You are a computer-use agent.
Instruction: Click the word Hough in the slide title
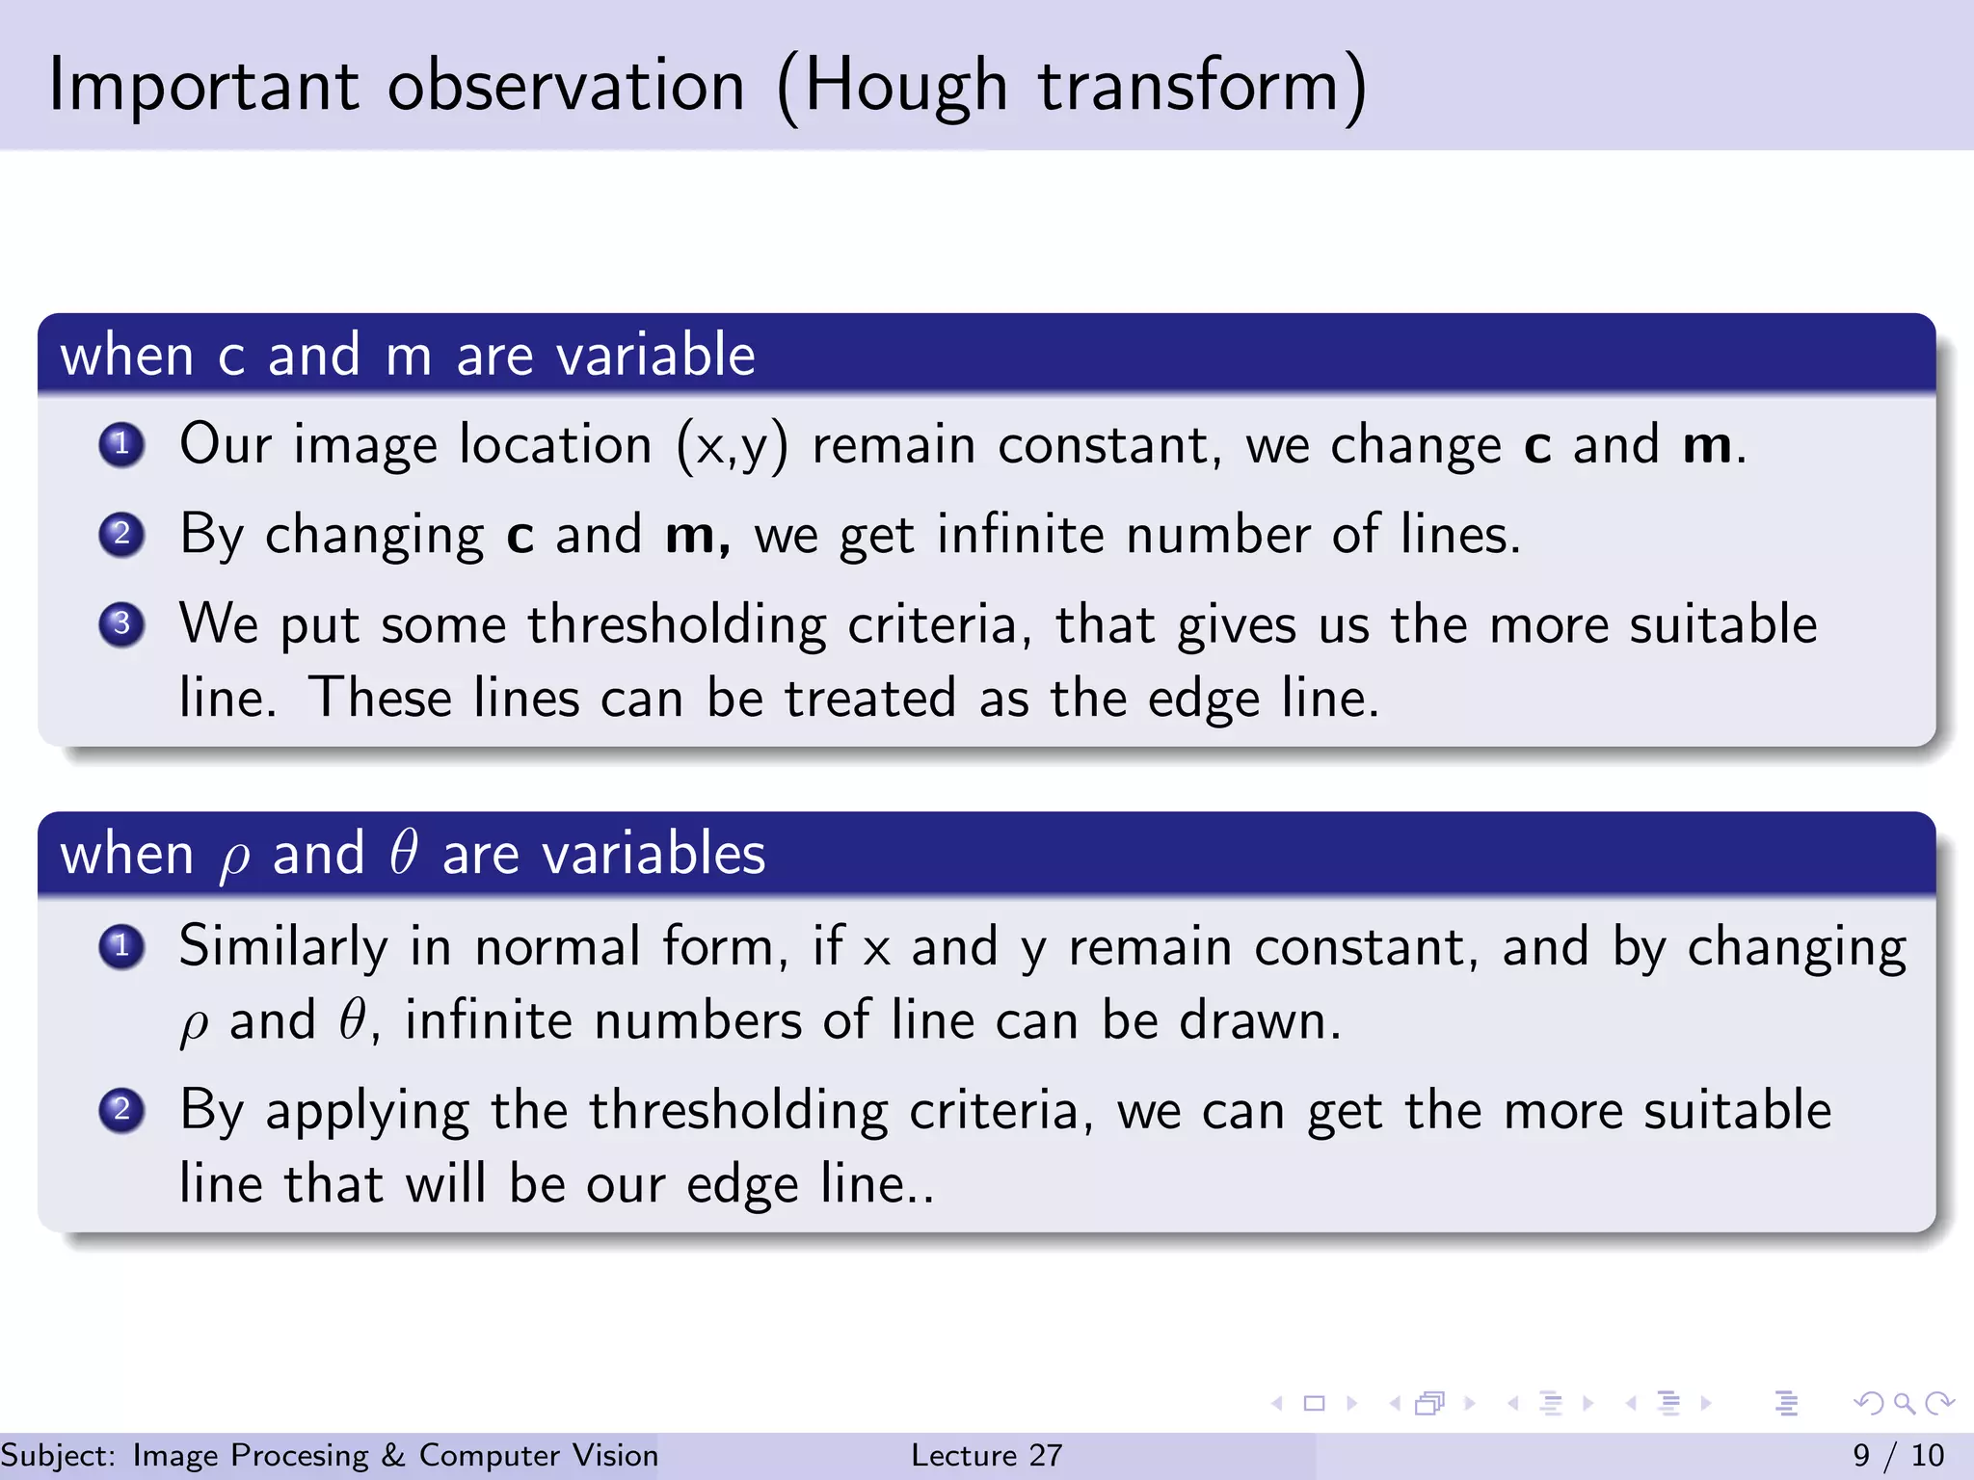[x=905, y=87]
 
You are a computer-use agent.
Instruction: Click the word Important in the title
[x=203, y=87]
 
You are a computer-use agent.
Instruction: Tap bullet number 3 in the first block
[x=121, y=624]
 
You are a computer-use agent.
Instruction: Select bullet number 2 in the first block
[x=121, y=534]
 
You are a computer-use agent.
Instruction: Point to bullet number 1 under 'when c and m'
[x=121, y=444]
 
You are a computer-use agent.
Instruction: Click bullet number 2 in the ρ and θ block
[x=121, y=1110]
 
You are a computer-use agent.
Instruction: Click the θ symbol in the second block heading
[x=403, y=854]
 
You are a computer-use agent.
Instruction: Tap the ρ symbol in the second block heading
[x=233, y=858]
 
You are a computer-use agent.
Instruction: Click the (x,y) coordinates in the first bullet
[x=732, y=446]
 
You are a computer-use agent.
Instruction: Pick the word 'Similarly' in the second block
[x=282, y=946]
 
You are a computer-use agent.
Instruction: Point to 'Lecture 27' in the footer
[x=986, y=1455]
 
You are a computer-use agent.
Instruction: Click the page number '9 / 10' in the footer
[x=1898, y=1455]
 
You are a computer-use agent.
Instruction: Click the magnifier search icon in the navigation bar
[x=1904, y=1403]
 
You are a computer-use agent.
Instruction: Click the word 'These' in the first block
[x=380, y=698]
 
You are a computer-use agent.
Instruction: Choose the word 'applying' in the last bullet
[x=367, y=1112]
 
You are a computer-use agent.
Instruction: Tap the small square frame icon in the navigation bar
[x=1314, y=1403]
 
